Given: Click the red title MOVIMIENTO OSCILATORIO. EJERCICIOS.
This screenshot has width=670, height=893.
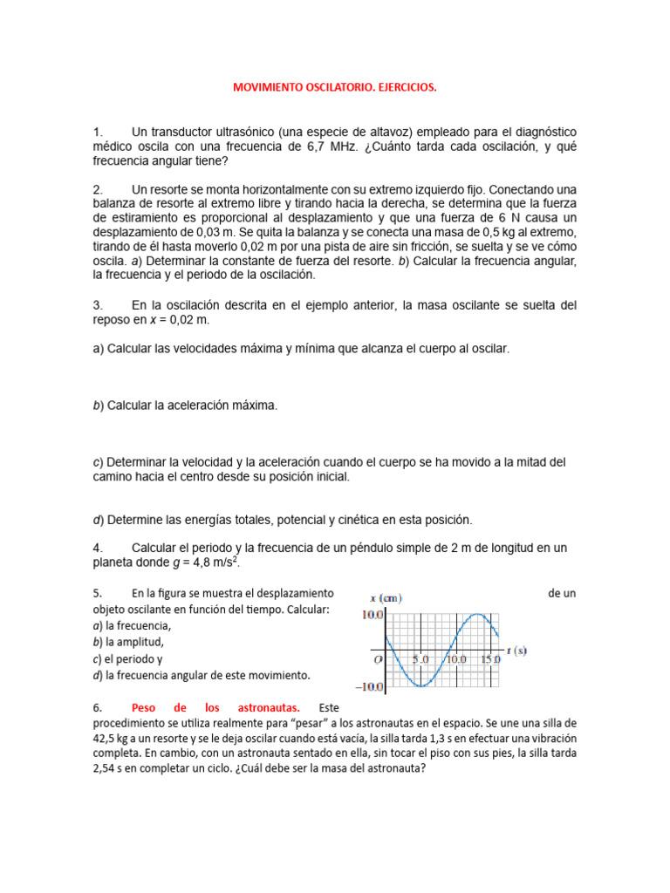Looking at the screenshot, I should pyautogui.click(x=334, y=88).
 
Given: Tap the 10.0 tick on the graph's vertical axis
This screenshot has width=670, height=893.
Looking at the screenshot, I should pyautogui.click(x=373, y=615).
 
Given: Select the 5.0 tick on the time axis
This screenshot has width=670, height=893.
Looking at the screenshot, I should pyautogui.click(x=421, y=660).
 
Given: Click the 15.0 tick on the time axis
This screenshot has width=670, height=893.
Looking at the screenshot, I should pyautogui.click(x=491, y=660).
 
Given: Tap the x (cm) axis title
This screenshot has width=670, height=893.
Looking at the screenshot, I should pyautogui.click(x=386, y=598).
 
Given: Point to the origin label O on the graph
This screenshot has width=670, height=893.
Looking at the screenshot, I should pyautogui.click(x=378, y=660).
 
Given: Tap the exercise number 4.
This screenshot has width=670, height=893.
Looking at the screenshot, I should pyautogui.click(x=97, y=548).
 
